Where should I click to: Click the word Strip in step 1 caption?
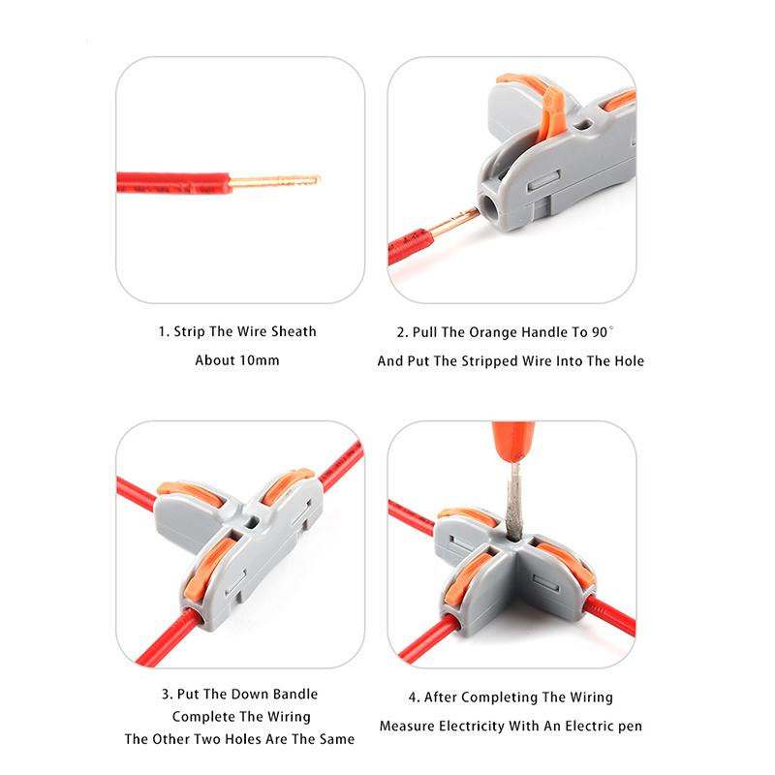click(190, 331)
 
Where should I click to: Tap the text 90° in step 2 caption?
click(603, 331)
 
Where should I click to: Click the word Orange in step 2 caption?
click(493, 331)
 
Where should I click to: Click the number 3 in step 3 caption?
click(165, 694)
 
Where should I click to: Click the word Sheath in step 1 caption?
click(294, 331)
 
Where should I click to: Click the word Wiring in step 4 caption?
click(589, 697)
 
